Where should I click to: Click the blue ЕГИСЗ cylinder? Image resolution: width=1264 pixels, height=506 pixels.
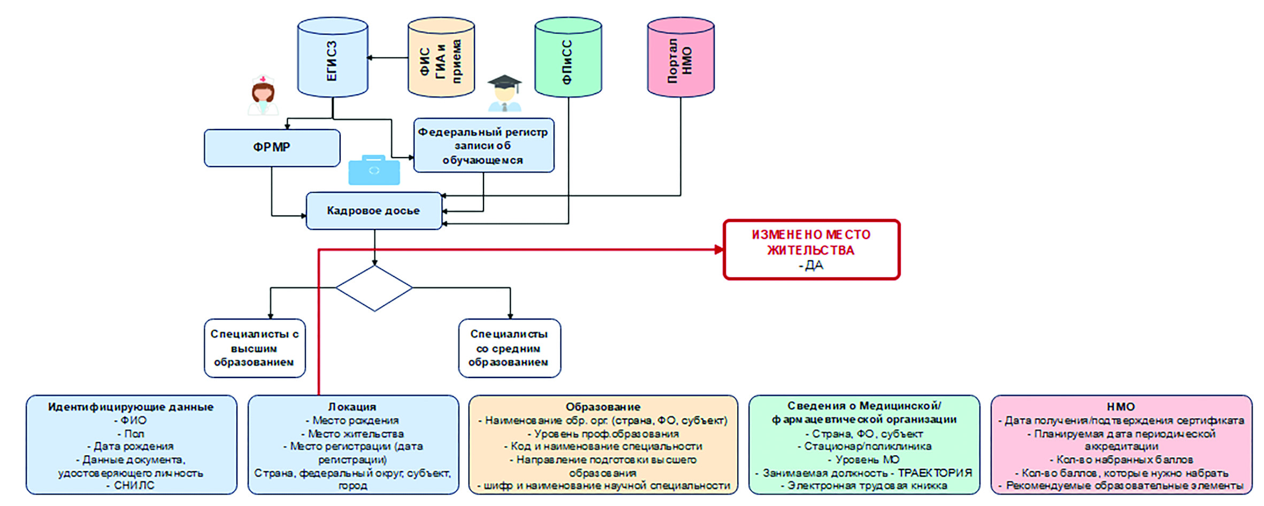coord(332,57)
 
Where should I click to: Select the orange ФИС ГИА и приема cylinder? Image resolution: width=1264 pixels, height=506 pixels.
coord(441,57)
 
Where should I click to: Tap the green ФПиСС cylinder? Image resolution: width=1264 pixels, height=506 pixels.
coord(568,57)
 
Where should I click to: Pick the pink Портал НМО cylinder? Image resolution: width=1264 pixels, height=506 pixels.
coord(680,57)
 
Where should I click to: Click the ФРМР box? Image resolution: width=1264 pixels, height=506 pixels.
coord(272,147)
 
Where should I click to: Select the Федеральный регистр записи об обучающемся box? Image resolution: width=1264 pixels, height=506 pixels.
coord(483,146)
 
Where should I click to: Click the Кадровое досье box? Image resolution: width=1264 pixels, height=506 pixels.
coord(373,211)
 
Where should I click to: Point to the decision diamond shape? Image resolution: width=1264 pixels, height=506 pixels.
coord(374,288)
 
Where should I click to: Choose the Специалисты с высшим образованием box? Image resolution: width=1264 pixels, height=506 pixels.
coord(255,348)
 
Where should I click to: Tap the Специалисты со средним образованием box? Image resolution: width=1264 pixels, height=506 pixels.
coord(509,348)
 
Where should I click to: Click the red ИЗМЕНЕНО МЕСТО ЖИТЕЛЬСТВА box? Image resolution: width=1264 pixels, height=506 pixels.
coord(811,250)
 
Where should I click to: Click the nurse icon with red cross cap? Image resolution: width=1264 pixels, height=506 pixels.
coord(263,95)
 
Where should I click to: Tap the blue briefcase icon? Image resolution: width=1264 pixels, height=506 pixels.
coord(374,170)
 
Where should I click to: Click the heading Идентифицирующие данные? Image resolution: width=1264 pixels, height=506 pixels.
coord(131,407)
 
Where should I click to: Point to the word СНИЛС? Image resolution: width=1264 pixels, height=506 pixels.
coord(134,486)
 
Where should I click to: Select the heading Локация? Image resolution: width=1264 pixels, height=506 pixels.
coord(352,407)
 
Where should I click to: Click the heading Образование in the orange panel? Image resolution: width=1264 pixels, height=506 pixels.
coord(603,407)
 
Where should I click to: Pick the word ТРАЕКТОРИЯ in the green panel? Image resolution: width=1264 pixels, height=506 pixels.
coord(934,473)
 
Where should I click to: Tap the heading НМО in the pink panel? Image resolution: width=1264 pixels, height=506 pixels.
coord(1121,407)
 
